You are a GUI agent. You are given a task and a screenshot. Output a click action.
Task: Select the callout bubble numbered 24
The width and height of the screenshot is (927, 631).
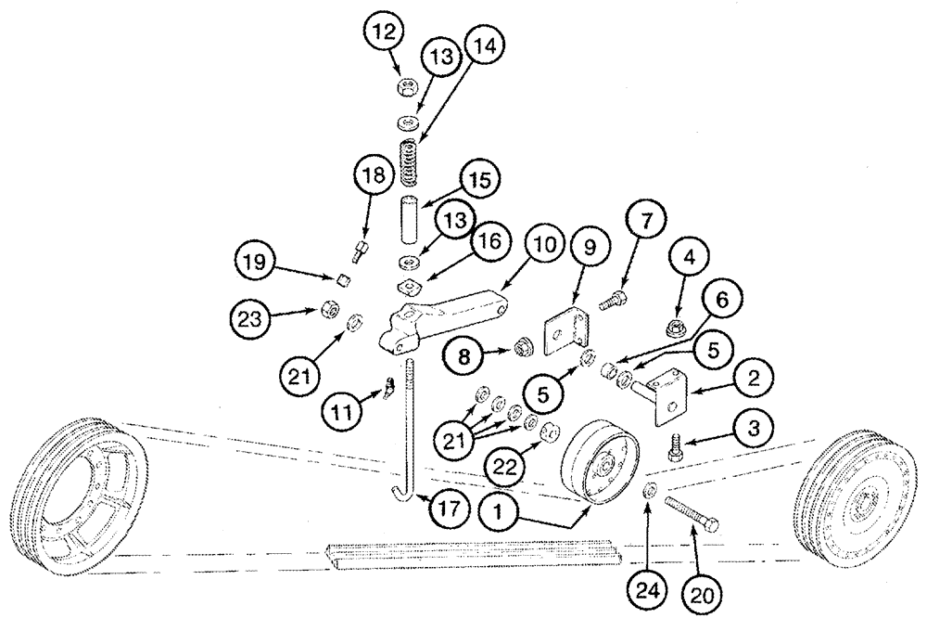point(648,589)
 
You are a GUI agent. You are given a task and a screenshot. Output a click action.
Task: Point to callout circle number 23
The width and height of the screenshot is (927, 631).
point(251,319)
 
